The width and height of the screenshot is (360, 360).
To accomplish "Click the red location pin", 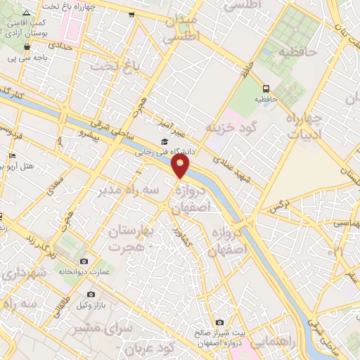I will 181,166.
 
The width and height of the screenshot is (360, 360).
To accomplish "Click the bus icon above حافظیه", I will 266,89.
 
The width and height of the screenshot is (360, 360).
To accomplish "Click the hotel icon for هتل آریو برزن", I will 12,155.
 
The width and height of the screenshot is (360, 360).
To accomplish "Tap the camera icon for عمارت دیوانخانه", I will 84,262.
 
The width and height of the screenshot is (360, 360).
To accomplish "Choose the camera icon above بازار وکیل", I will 91,295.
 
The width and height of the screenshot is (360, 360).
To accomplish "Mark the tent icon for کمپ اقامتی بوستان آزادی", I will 27,13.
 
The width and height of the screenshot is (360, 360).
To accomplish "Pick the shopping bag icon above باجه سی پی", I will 27,47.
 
